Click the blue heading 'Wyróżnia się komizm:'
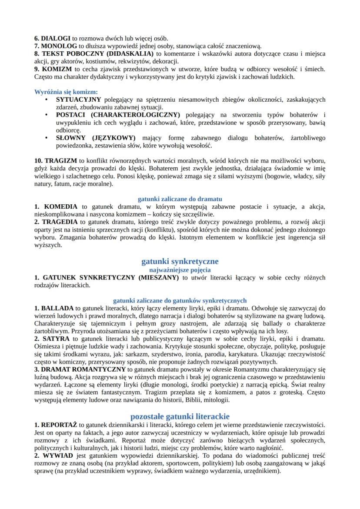point(66,92)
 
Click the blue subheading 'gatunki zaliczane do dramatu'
point(180,199)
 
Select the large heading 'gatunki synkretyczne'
point(180,261)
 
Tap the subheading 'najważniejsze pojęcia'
point(180,269)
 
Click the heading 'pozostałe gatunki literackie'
point(180,416)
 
